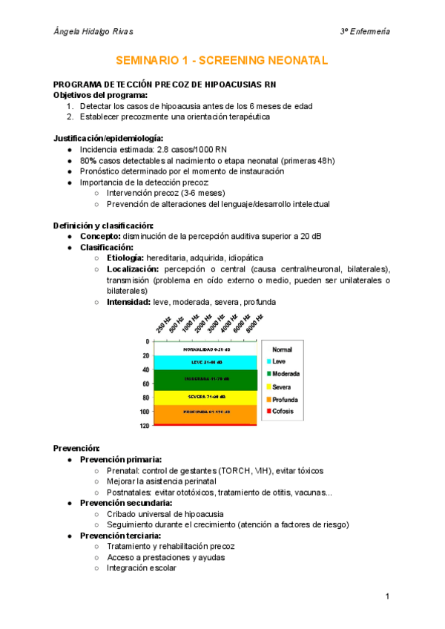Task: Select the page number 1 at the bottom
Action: pos(387,596)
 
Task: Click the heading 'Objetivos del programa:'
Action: pos(100,96)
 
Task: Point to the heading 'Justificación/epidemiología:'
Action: pos(108,138)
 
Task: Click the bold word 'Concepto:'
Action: pos(103,237)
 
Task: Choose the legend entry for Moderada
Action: pos(286,374)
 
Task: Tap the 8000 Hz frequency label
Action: pos(254,323)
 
